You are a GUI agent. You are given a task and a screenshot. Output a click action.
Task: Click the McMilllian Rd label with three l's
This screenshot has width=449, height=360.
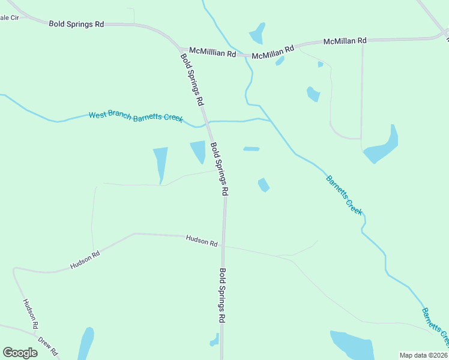212,53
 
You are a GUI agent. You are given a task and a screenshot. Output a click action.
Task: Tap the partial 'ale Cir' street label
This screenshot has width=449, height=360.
10,17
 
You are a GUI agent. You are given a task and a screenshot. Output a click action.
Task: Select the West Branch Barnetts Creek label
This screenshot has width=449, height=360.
136,116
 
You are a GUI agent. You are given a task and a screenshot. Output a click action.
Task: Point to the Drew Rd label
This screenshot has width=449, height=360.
47,346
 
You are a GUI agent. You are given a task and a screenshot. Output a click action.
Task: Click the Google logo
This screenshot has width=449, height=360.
20,353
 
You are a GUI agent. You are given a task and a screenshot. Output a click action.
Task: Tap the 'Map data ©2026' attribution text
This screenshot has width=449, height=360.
424,355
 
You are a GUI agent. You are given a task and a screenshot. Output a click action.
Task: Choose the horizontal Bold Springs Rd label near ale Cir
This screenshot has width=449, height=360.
76,24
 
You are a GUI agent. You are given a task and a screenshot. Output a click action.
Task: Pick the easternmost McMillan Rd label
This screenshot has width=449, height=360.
345,41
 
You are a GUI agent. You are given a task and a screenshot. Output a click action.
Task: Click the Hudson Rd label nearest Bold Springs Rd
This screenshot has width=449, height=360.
202,241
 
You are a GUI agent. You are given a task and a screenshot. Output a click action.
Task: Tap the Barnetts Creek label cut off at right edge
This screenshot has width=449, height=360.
435,327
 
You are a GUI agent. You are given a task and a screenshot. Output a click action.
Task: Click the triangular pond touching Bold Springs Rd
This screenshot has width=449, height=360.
198,151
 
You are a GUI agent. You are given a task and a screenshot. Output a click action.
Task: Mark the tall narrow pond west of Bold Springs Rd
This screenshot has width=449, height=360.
160,163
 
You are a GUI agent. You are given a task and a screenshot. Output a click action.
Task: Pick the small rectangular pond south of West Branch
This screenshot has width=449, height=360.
251,149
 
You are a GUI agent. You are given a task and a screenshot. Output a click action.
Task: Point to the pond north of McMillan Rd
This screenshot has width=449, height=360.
258,34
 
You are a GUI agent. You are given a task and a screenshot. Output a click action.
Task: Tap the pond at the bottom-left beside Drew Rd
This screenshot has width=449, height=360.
85,344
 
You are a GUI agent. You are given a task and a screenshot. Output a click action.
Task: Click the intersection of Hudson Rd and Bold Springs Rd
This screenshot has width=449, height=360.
223,245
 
